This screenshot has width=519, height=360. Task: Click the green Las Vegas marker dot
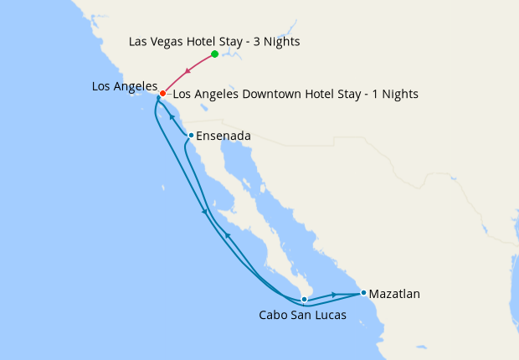pyautogui.click(x=215, y=54)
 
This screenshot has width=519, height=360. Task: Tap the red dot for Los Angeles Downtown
pyautogui.click(x=162, y=94)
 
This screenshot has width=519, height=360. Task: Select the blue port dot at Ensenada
pyautogui.click(x=191, y=135)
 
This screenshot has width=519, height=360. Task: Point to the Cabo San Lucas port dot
pyautogui.click(x=304, y=299)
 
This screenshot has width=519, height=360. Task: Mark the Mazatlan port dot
pyautogui.click(x=363, y=293)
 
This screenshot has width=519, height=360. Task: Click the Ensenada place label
pyautogui.click(x=223, y=135)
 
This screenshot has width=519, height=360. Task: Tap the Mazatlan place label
pyautogui.click(x=394, y=294)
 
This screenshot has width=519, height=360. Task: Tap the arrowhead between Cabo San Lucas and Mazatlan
pyautogui.click(x=335, y=295)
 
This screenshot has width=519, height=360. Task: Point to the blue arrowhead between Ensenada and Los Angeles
pyautogui.click(x=172, y=116)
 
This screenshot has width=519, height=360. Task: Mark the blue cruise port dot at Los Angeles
pyautogui.click(x=158, y=98)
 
